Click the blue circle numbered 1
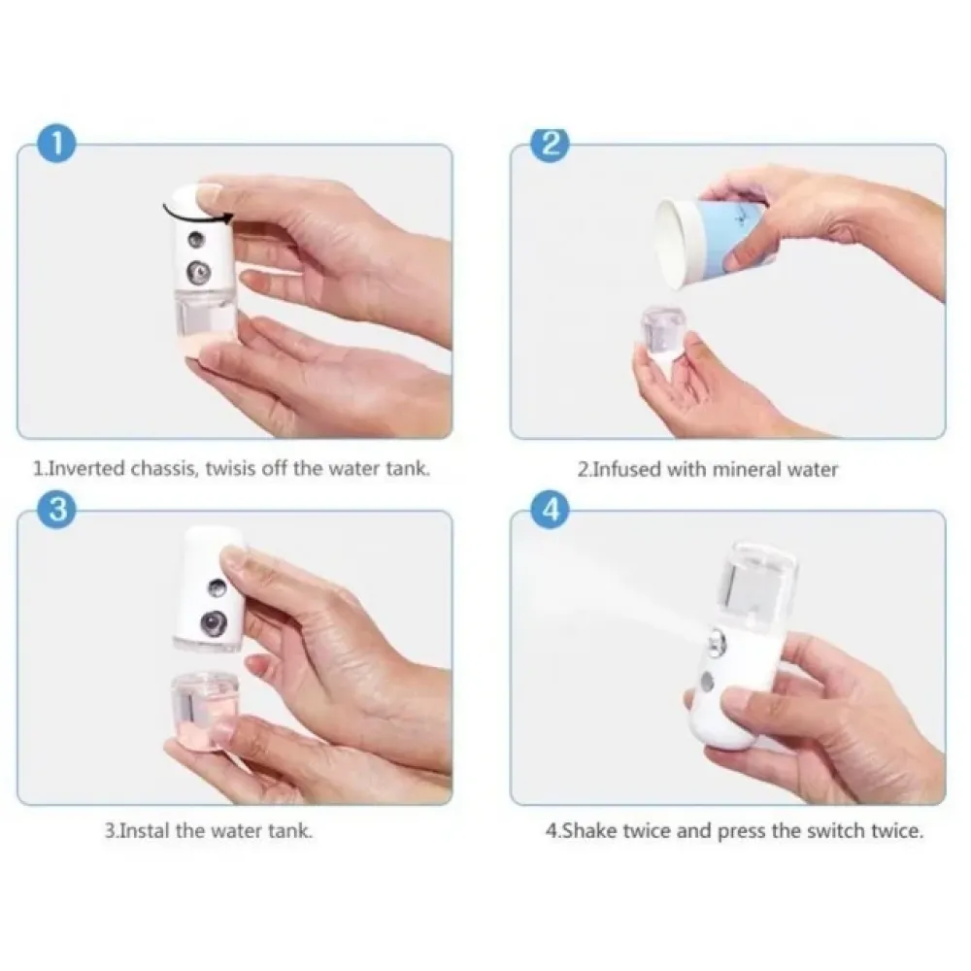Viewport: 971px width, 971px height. coord(56,145)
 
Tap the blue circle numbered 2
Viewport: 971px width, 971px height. coord(551,145)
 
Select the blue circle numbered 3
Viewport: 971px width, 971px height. coord(56,510)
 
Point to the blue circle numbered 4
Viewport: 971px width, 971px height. coord(551,510)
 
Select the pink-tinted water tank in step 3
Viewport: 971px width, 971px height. coord(204,711)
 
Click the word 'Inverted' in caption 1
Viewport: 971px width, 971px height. coord(85,468)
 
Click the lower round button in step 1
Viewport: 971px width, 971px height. coord(199,272)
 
